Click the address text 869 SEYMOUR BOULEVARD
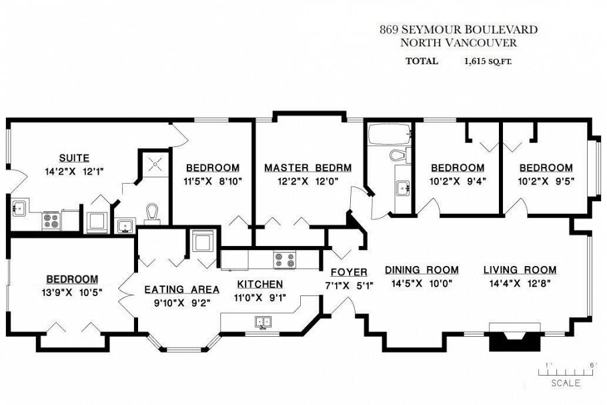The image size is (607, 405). [458, 29]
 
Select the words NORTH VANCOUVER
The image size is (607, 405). [458, 42]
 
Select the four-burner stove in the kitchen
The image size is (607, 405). [285, 257]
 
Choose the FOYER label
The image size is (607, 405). [349, 272]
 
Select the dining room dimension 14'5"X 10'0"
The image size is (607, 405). [422, 283]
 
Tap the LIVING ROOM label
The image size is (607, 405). [520, 270]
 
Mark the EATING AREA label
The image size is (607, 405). [182, 289]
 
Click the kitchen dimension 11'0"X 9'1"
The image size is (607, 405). [261, 298]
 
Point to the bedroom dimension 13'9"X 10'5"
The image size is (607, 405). [72, 291]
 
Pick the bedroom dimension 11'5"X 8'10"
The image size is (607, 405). [212, 180]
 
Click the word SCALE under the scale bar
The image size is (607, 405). [565, 383]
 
